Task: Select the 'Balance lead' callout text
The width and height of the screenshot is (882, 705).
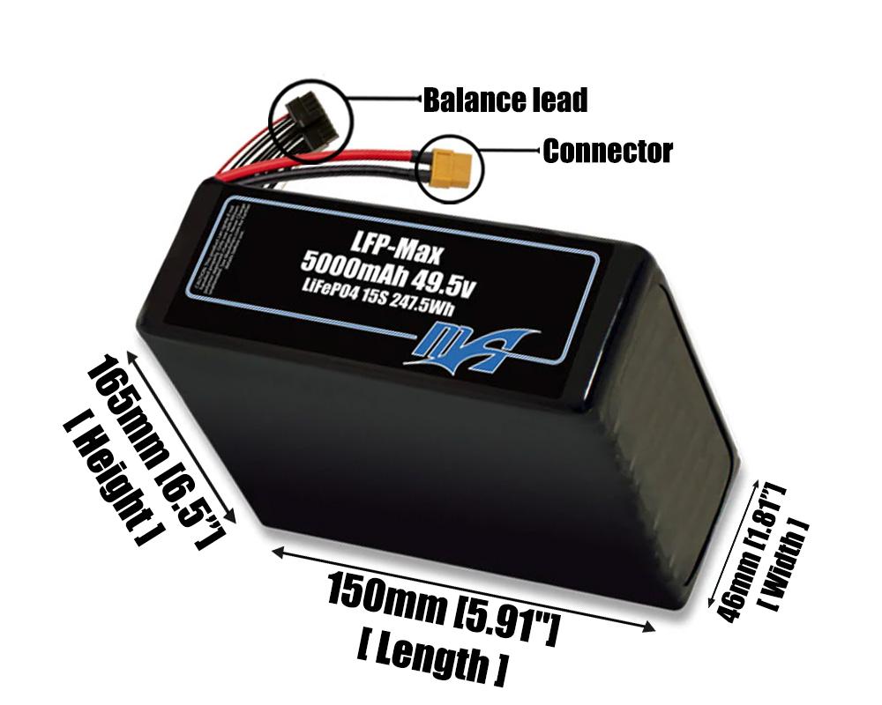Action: pyautogui.click(x=505, y=100)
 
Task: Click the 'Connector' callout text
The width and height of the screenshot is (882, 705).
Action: pyautogui.click(x=607, y=152)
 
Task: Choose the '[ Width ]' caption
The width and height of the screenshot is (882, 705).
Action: pyautogui.click(x=787, y=564)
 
